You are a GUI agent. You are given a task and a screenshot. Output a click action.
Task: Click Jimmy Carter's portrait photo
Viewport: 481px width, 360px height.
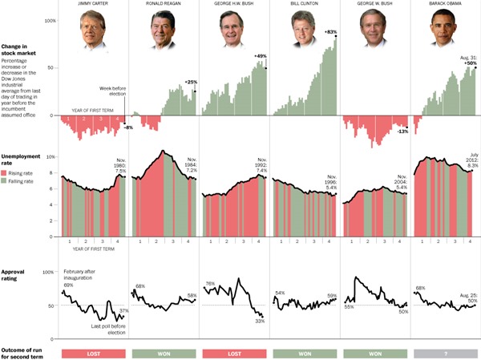point(93,30)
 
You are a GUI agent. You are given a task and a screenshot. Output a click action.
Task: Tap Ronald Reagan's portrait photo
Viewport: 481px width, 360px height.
point(163,30)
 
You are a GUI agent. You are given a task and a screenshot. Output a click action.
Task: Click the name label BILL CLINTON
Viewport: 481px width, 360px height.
point(303,5)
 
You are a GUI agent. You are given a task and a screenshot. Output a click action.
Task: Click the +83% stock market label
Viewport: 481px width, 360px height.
point(330,31)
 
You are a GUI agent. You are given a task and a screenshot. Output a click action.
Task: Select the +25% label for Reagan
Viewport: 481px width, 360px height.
point(190,82)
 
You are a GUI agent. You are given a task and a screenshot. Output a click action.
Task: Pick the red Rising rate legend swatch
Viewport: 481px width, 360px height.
point(5,173)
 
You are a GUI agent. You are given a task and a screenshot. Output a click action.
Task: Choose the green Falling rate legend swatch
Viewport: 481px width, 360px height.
point(5,182)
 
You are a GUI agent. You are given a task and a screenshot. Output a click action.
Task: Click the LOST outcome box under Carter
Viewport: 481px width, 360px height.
point(93,354)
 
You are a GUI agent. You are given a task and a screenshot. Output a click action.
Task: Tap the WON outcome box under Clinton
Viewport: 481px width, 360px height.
point(303,354)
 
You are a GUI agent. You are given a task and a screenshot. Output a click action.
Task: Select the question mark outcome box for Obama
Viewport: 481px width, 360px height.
point(443,354)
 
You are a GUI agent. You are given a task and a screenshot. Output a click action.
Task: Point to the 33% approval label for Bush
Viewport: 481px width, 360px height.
point(260,321)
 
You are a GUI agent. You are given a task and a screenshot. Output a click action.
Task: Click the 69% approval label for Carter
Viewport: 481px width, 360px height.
point(68,285)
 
